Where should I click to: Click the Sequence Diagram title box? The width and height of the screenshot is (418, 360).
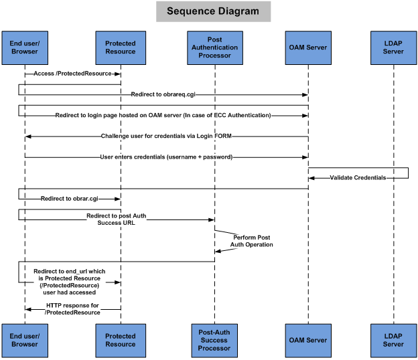point(213,11)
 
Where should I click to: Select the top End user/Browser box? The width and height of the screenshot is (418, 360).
point(23,48)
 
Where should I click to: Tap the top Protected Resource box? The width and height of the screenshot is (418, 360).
point(121,48)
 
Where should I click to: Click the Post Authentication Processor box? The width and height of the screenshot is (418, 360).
point(214,48)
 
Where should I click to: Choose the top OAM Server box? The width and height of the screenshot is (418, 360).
point(307,48)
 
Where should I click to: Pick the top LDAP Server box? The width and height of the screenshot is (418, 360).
point(393,48)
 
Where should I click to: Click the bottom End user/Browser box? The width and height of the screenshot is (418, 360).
point(23,339)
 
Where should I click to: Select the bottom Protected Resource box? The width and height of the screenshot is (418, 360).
point(121,339)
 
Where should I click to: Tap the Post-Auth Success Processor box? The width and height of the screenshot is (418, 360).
point(214,339)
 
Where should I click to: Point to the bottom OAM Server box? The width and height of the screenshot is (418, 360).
point(307,339)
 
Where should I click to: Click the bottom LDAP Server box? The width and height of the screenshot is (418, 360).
point(393,339)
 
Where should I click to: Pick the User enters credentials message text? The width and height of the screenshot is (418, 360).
point(165,157)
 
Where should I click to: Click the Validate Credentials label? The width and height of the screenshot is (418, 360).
point(357,177)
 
